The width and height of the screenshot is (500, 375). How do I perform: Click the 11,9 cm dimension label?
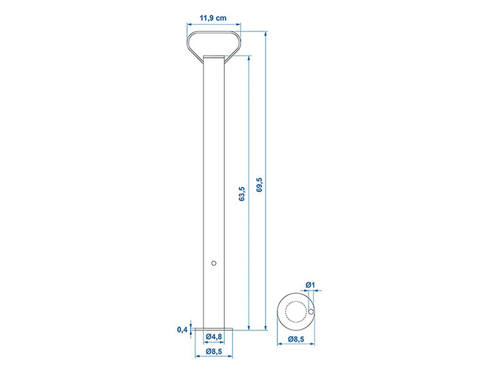point(213,18)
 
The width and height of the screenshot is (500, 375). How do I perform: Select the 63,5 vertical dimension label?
point(242,194)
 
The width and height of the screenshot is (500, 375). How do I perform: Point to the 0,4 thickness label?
point(182,330)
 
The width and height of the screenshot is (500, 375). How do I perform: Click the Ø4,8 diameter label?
point(214,336)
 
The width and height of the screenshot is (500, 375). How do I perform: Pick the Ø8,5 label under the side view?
point(214,351)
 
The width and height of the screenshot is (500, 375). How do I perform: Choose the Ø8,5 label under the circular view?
point(296,339)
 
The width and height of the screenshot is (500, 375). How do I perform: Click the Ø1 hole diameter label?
point(310,285)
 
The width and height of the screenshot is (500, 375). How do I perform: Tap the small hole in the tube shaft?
point(214,263)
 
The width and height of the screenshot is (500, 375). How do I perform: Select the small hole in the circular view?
point(311,311)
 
